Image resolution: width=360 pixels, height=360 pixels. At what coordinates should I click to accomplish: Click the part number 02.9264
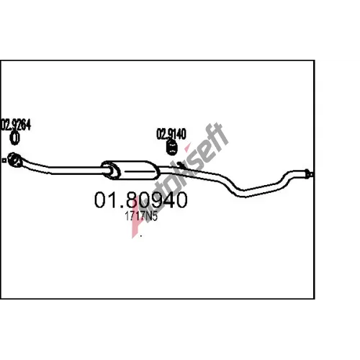16,125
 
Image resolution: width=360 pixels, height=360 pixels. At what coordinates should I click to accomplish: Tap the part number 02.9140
171,134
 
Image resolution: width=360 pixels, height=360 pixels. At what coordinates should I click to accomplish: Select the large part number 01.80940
140,200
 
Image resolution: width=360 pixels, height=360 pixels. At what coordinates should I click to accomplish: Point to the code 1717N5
141,216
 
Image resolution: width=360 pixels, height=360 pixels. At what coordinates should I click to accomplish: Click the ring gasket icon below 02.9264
15,138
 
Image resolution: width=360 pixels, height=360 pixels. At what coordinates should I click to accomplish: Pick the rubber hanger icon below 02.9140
171,147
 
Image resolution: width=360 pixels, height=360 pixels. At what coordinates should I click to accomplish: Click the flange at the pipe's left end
15,159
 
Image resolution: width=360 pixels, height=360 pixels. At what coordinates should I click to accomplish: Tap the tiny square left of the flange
4,161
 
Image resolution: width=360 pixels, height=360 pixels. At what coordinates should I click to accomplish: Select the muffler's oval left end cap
110,170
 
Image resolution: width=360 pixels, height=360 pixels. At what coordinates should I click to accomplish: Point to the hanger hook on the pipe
179,165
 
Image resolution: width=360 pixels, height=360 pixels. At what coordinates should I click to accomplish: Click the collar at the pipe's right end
308,174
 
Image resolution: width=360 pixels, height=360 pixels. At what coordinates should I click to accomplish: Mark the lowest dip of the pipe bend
243,193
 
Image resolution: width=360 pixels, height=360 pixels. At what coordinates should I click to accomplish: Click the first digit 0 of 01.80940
101,200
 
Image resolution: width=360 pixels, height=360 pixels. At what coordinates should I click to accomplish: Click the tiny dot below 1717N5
141,236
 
